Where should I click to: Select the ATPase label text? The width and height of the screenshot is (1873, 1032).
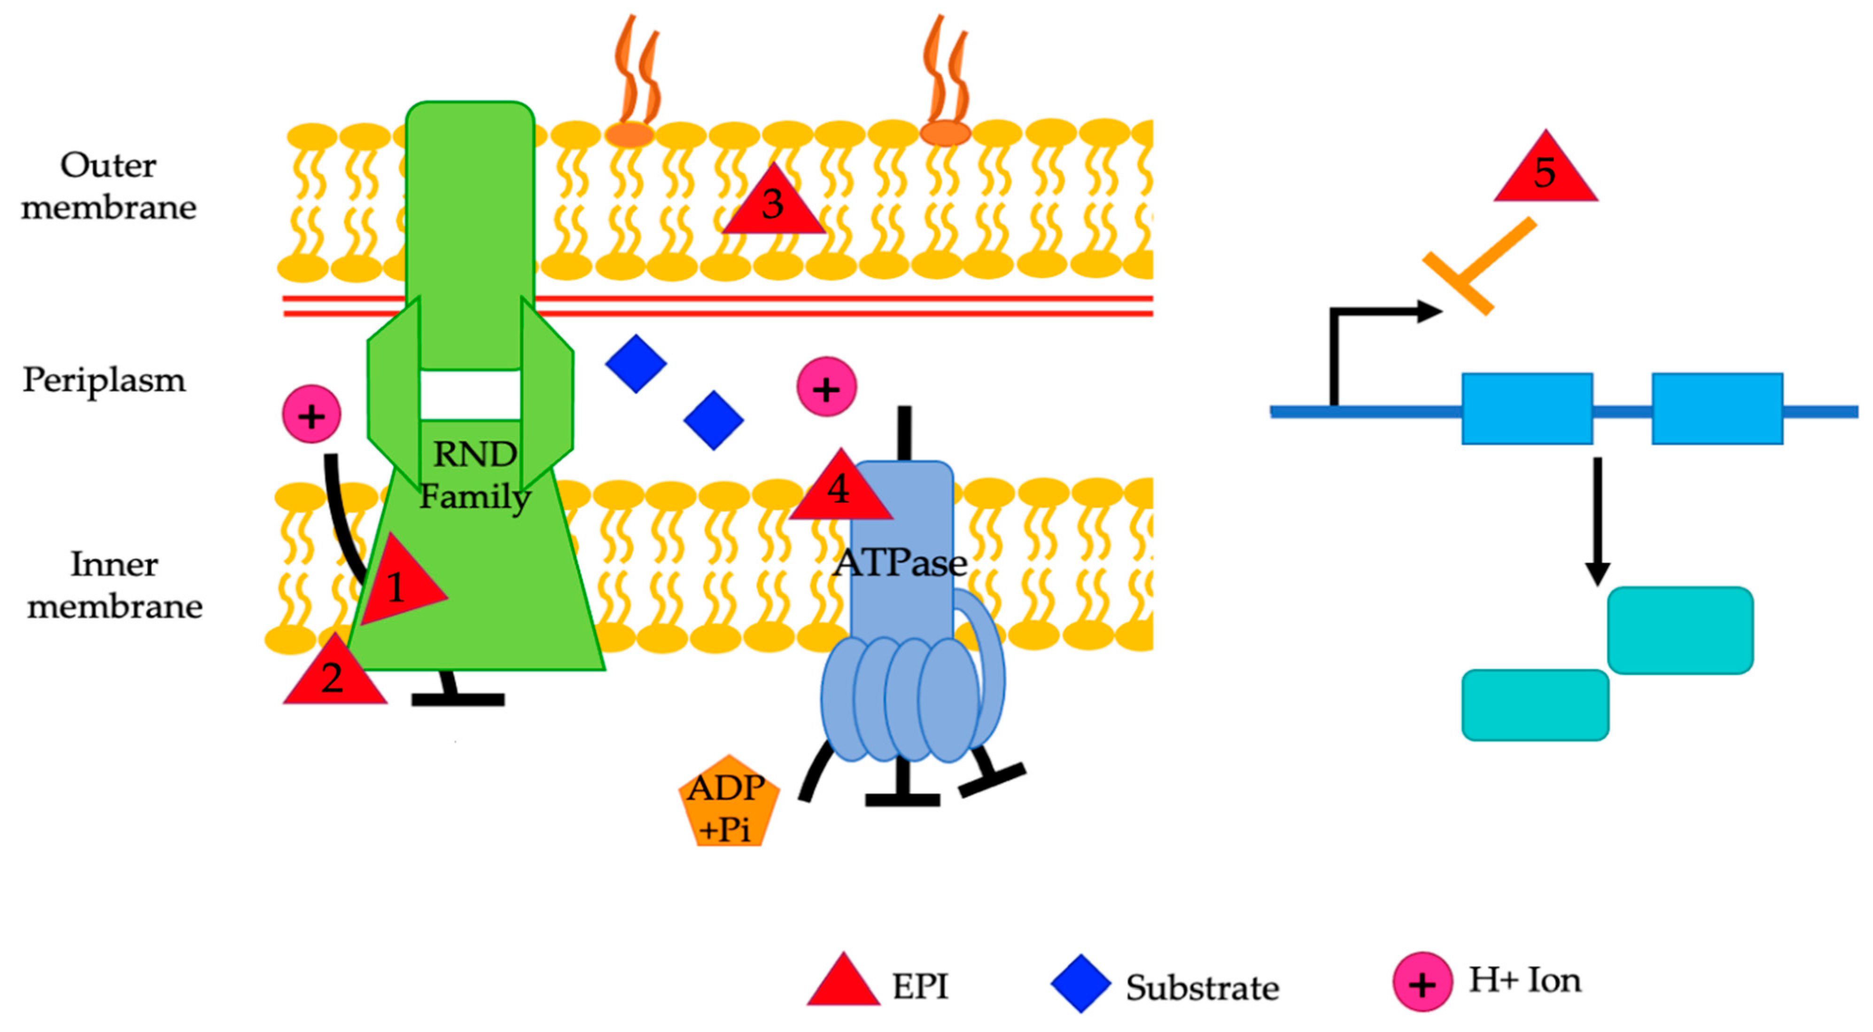(x=900, y=562)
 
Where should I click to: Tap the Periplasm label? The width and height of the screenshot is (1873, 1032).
(x=104, y=380)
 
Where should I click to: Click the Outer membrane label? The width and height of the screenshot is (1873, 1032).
(x=109, y=186)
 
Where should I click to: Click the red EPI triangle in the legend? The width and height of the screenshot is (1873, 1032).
(x=843, y=983)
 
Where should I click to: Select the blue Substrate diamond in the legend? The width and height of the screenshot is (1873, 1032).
(x=1080, y=983)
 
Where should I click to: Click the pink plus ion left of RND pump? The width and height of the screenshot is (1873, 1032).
(x=311, y=414)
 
